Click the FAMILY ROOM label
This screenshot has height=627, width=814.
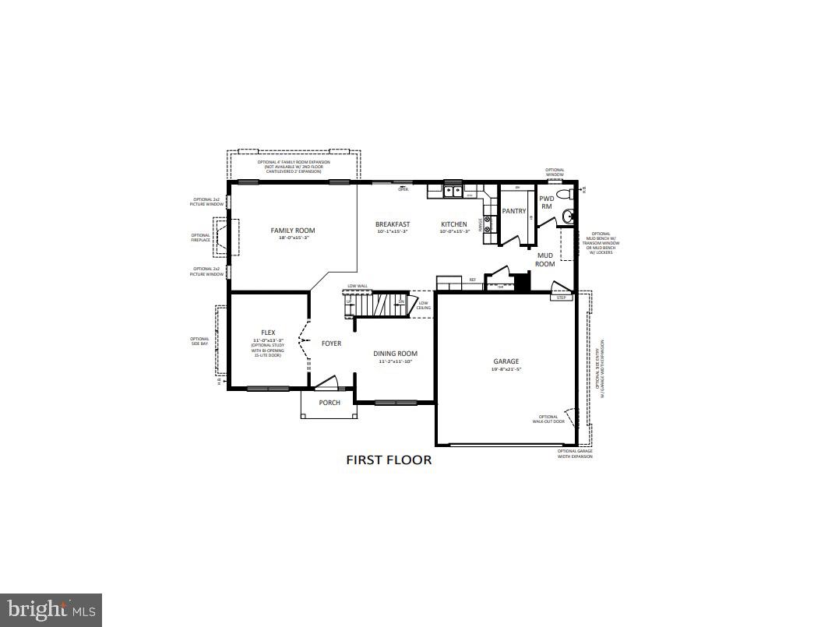click(x=293, y=231)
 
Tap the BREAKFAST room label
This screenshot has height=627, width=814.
click(x=393, y=224)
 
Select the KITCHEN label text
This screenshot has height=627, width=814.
click(x=454, y=224)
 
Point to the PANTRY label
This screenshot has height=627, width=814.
click(x=514, y=211)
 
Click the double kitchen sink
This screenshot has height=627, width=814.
click(x=453, y=191)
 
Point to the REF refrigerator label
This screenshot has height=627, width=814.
click(x=472, y=280)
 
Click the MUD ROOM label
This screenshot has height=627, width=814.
click(x=545, y=259)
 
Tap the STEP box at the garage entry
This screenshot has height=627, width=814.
click(x=561, y=298)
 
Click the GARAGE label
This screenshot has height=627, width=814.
click(x=506, y=361)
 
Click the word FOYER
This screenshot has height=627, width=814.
click(x=331, y=343)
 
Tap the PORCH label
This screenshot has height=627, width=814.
click(x=329, y=403)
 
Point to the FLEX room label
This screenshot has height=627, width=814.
click(x=268, y=333)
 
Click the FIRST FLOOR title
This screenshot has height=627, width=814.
click(x=389, y=460)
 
